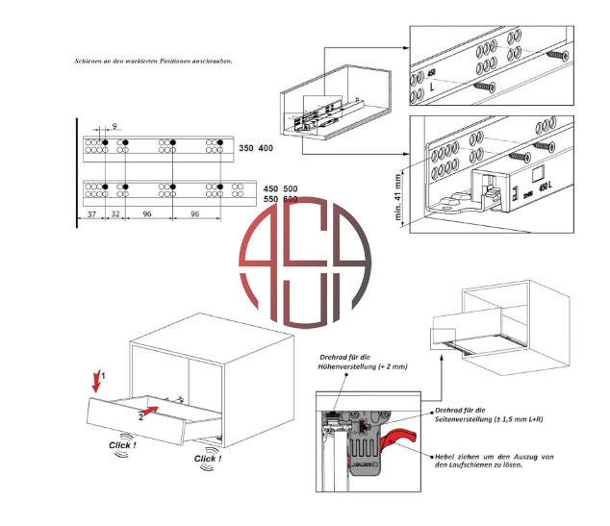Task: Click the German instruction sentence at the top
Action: (154, 61)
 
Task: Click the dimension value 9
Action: (115, 126)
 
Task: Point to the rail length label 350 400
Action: (254, 148)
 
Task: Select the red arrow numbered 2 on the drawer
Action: (149, 411)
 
